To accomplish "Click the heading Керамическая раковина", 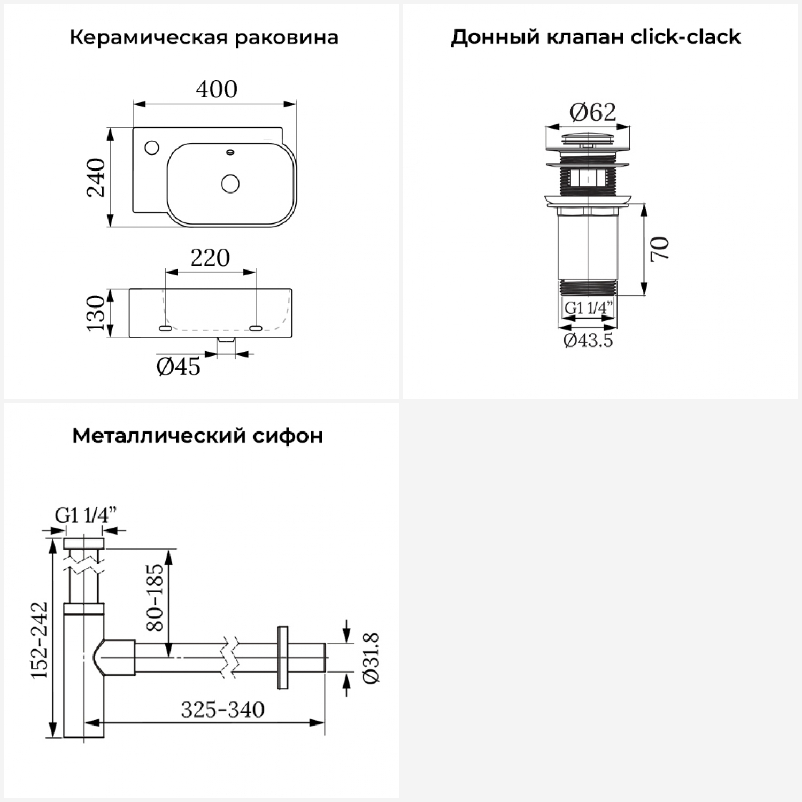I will [x=204, y=38].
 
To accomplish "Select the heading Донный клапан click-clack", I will [x=596, y=37].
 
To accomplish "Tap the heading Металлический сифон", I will [x=197, y=436].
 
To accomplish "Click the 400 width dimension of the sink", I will [x=216, y=89].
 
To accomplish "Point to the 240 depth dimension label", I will [x=97, y=178].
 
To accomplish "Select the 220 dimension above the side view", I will [x=210, y=258].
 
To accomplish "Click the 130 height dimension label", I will [x=96, y=313].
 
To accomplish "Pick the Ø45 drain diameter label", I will [x=179, y=367].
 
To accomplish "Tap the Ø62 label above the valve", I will [x=592, y=112].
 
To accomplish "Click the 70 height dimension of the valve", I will [x=660, y=248].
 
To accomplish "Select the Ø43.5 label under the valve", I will [x=588, y=341].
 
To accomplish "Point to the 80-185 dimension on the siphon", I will [x=155, y=597].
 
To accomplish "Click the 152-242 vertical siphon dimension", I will [x=39, y=640].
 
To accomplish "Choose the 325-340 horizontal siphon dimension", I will [x=222, y=710].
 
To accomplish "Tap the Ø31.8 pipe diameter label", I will [x=371, y=658].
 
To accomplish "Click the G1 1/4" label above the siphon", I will [x=86, y=515].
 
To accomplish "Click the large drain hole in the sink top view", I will [x=230, y=183].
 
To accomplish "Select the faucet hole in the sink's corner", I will [x=152, y=147].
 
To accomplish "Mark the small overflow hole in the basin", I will [x=230, y=152].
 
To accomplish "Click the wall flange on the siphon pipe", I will [x=282, y=657].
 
